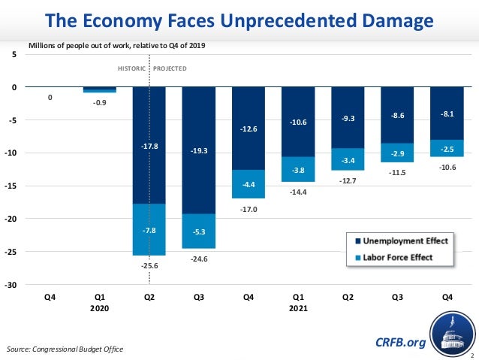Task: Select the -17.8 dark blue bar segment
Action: tap(149, 128)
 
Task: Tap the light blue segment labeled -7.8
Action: tap(149, 230)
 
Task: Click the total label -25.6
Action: tap(149, 265)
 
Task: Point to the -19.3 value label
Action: tap(199, 151)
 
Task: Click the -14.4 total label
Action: tap(298, 192)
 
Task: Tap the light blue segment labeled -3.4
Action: tap(348, 160)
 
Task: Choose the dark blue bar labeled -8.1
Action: tap(447, 113)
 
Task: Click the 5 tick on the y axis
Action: tap(17, 55)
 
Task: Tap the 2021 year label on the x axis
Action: tap(298, 308)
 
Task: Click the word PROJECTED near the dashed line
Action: tap(170, 68)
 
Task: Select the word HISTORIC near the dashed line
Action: tap(133, 68)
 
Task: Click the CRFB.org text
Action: tap(400, 343)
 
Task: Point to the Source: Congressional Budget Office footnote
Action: tap(65, 349)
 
